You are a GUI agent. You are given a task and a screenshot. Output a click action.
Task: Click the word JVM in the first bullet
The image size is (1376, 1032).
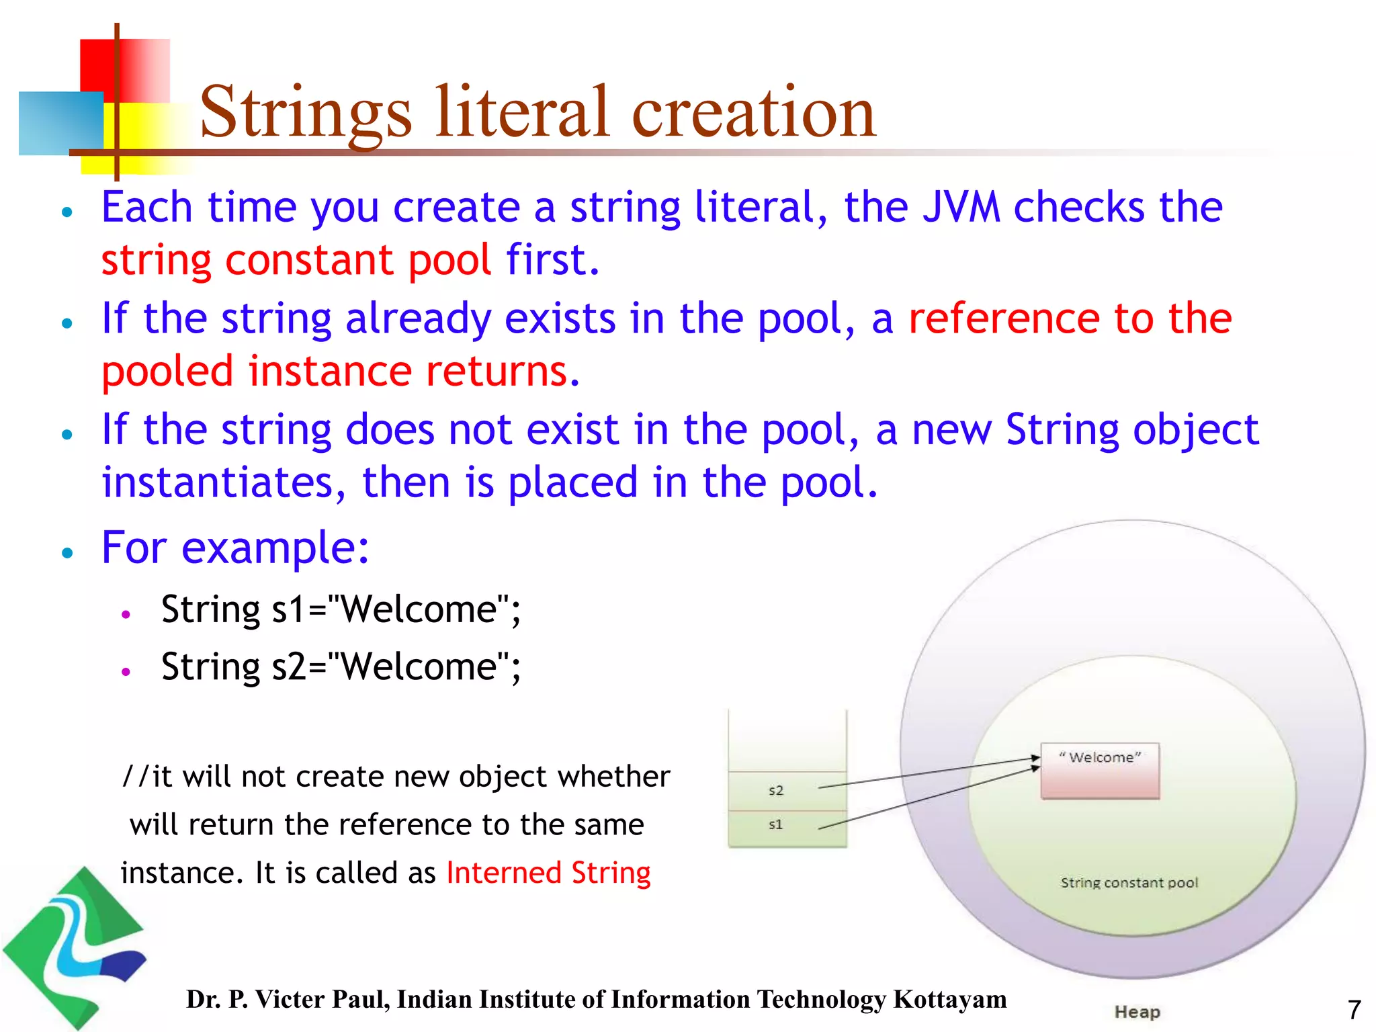coord(961,207)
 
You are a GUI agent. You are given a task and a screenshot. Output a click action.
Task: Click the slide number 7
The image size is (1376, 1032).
coord(1354,1010)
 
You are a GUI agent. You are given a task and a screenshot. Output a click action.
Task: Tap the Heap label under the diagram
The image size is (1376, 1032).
coord(1137,1012)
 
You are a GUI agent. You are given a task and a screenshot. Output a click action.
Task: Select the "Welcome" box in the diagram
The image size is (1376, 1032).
coord(1100,771)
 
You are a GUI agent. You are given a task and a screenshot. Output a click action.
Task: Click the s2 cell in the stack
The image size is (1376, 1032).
coord(776,791)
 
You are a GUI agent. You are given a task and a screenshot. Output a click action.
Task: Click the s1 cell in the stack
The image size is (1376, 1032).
coord(776,825)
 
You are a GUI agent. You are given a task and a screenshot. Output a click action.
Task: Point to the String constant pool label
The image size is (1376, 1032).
coord(1129,883)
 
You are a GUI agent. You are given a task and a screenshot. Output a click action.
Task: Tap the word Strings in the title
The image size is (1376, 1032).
coord(306,113)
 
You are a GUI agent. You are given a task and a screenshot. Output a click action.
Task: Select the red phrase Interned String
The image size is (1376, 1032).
coord(548,873)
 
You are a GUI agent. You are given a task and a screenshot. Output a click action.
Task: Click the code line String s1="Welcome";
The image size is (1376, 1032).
coord(341,609)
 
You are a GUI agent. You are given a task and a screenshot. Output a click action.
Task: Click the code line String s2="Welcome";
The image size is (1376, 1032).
coord(341,666)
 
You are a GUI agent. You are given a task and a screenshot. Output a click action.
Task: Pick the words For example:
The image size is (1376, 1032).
coord(235,547)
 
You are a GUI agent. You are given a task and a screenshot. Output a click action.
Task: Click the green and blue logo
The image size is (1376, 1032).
coord(74,947)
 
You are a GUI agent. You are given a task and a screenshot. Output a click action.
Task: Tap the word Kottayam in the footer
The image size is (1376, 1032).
coord(950,999)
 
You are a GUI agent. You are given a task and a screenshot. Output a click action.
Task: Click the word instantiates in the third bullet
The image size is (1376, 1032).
coord(217,482)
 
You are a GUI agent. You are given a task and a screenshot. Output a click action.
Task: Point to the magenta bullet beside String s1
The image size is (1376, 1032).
coord(126,613)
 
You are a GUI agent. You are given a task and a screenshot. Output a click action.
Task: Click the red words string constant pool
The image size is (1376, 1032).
coord(296,260)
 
